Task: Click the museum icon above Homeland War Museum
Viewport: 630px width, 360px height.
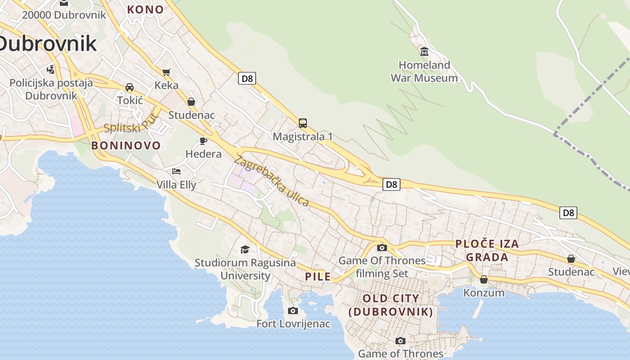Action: pyautogui.click(x=424, y=51)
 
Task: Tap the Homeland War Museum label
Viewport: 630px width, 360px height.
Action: pyautogui.click(x=424, y=72)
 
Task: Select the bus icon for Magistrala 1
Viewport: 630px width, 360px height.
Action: pyautogui.click(x=303, y=123)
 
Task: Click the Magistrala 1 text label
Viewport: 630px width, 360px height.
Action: pyautogui.click(x=303, y=136)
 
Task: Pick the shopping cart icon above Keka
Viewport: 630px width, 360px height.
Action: pyautogui.click(x=166, y=72)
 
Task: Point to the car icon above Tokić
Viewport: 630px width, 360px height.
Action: pyautogui.click(x=130, y=87)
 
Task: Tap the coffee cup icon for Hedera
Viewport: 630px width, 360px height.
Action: pyautogui.click(x=203, y=141)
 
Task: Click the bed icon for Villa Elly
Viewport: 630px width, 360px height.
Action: pyautogui.click(x=176, y=171)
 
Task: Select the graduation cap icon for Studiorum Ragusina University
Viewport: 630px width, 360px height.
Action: pyautogui.click(x=245, y=249)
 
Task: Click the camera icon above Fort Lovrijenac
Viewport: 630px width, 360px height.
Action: pyautogui.click(x=293, y=310)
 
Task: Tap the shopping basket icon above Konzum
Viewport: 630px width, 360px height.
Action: pyautogui.click(x=484, y=279)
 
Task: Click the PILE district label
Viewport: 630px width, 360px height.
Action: pyautogui.click(x=318, y=277)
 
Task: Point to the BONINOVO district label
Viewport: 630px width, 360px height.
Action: pyautogui.click(x=126, y=145)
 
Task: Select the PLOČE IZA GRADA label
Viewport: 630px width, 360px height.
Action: pyautogui.click(x=487, y=251)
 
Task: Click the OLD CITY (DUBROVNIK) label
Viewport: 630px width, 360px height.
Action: pyautogui.click(x=391, y=305)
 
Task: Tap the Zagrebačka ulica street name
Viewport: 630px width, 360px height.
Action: pyautogui.click(x=271, y=181)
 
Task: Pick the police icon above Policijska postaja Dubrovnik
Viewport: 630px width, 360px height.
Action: pyautogui.click(x=51, y=70)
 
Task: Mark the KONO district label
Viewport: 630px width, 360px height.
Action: pyautogui.click(x=145, y=9)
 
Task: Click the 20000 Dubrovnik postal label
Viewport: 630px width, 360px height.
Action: pyautogui.click(x=64, y=15)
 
